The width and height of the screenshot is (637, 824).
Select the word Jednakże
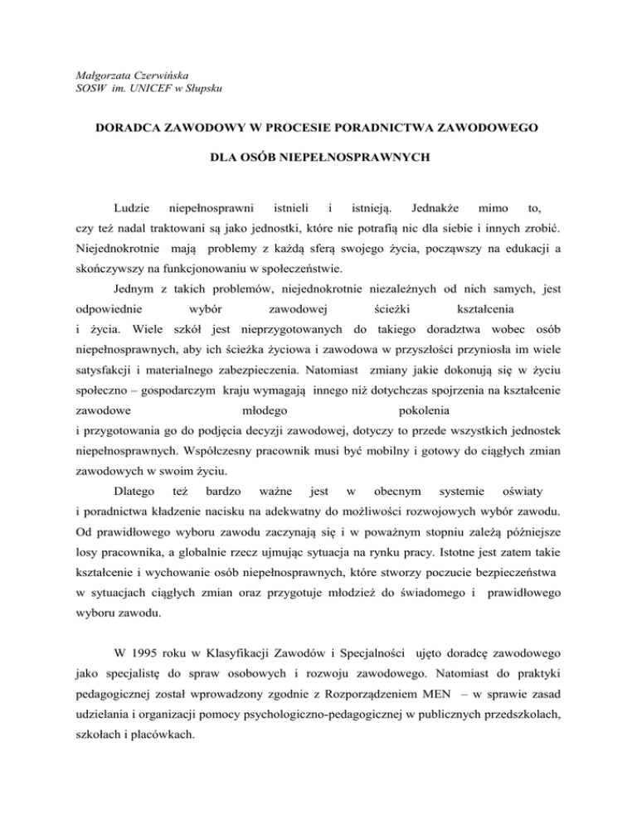435,204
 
